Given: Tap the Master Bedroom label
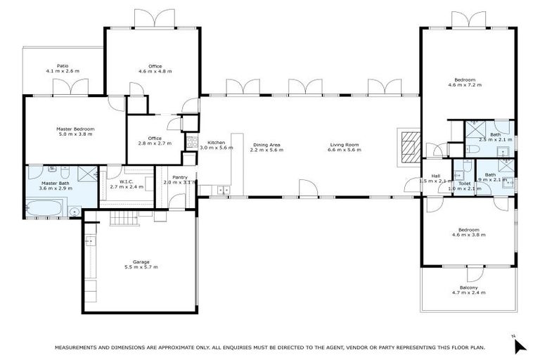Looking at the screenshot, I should pos(75,129).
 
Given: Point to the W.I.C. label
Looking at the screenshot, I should pos(127,181).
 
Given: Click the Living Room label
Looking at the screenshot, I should pos(345,145).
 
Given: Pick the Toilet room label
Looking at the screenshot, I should pos(465,182).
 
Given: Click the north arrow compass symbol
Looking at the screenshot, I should pos(519,344).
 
